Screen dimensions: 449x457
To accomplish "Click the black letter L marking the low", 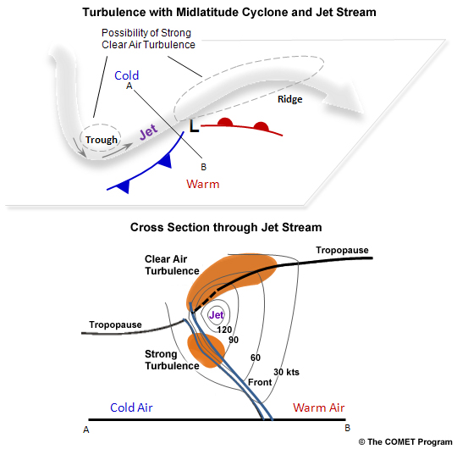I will tap(194, 126).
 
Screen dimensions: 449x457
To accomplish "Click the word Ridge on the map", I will tap(290, 99).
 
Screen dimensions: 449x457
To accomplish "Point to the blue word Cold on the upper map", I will tap(127, 75).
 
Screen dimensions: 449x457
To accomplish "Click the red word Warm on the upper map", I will tap(202, 184).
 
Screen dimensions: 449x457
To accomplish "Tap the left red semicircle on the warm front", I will tap(225, 123).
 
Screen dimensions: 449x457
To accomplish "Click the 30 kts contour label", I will tap(287, 372).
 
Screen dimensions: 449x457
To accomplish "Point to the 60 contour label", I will tap(255, 358).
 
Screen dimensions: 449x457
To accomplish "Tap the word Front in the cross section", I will tap(260, 382).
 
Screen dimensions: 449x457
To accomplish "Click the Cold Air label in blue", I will tap(131, 408).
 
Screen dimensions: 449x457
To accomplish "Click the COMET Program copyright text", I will tap(405, 441).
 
